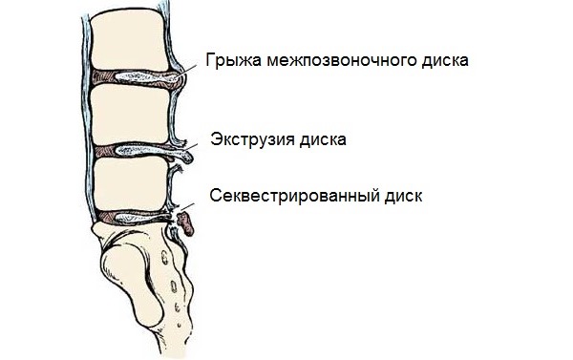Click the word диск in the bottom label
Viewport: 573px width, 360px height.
point(400,195)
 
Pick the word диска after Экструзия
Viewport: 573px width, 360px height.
point(323,139)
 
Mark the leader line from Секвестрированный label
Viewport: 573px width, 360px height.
point(187,204)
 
